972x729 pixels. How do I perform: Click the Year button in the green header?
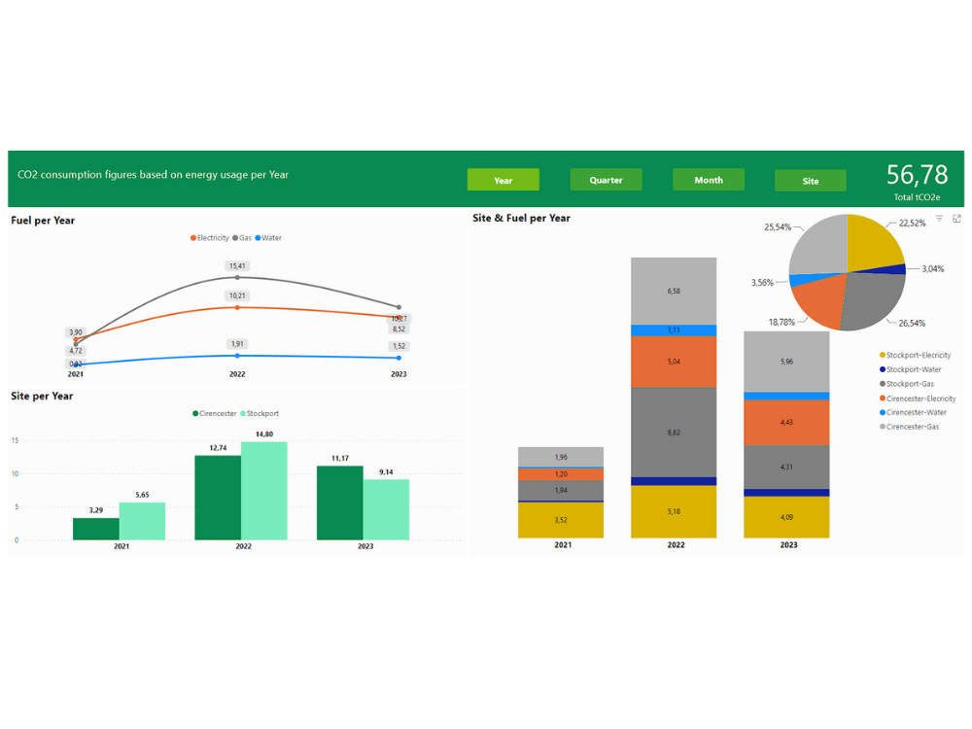click(503, 180)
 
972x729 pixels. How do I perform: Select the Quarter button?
click(606, 180)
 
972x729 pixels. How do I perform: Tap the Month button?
click(709, 180)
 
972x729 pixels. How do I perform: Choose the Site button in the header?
click(811, 181)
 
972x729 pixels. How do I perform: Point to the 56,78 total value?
click(917, 175)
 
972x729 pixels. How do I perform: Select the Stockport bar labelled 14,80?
click(263, 491)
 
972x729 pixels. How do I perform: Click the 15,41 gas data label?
click(237, 265)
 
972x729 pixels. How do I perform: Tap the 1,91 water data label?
click(237, 343)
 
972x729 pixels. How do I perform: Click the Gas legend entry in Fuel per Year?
click(242, 238)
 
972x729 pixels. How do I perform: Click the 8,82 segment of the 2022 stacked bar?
click(674, 432)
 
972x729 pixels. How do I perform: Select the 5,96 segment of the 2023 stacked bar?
click(786, 362)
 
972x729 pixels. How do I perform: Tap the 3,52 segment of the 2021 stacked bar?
click(561, 520)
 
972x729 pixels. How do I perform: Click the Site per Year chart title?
click(42, 396)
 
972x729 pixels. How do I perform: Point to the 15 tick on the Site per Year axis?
click(15, 440)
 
